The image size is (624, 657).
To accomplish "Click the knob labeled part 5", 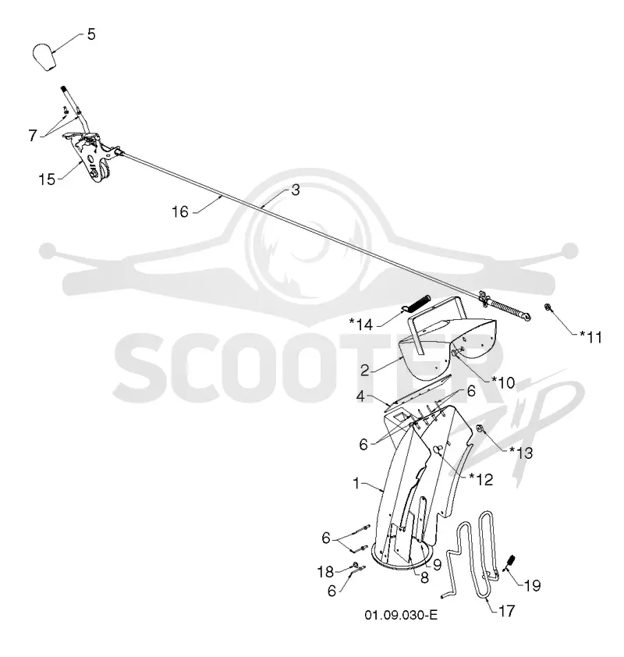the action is (x=44, y=56).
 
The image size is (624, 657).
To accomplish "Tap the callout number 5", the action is (x=91, y=34).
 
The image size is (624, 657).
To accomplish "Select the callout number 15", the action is (x=47, y=179).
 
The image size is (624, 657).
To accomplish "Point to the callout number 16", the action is (x=180, y=212).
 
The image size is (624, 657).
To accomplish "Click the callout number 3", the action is (x=296, y=190).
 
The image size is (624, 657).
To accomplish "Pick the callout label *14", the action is (x=361, y=325).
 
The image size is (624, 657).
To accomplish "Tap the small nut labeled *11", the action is (x=547, y=307).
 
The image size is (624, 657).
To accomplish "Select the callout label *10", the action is (x=503, y=382).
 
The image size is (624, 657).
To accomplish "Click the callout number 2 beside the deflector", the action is (x=365, y=371).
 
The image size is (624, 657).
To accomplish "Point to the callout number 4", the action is (x=361, y=396).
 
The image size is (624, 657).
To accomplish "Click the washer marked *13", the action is (x=480, y=428).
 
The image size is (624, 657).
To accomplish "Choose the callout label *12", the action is (x=480, y=479).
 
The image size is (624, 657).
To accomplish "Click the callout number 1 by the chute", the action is (x=356, y=483).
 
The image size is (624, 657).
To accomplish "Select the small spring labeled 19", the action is (x=509, y=563).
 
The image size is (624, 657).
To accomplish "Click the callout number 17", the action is (x=506, y=611).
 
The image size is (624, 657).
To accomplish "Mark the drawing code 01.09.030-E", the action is (x=401, y=615).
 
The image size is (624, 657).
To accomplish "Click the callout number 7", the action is (x=33, y=135).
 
